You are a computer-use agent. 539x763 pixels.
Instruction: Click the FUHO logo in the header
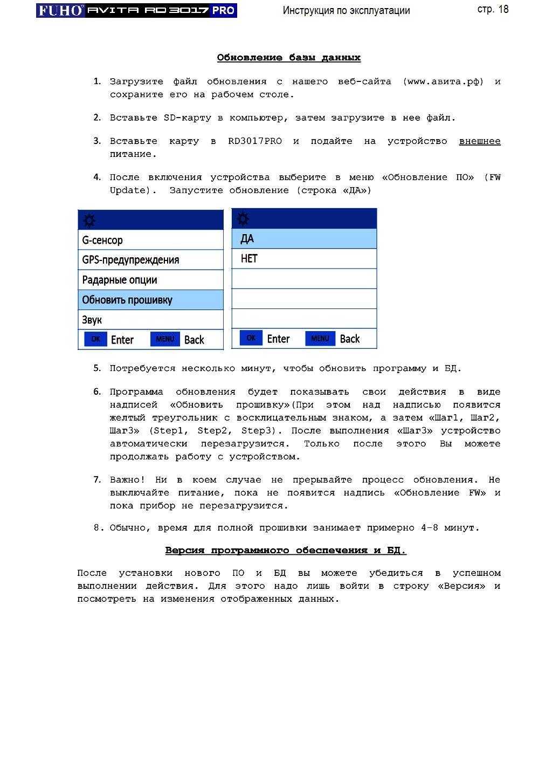pos(60,10)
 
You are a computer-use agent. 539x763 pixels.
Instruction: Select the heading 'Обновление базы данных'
pos(288,58)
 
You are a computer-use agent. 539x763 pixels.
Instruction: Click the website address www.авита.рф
pos(443,81)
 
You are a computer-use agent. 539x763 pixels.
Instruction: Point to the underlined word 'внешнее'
pos(479,141)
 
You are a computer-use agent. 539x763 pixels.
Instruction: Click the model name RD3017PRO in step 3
pos(254,141)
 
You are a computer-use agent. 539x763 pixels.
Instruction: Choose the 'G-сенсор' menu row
pos(150,240)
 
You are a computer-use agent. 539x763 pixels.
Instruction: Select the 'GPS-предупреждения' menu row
pos(150,260)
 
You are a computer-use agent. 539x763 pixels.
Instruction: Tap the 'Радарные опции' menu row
pos(150,280)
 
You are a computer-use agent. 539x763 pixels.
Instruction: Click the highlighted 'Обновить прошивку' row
pos(150,300)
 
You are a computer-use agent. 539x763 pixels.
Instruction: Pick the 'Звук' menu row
pos(150,320)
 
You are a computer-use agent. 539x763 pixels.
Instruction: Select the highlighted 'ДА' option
pos(304,239)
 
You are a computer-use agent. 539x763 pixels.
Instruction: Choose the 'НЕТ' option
pos(304,259)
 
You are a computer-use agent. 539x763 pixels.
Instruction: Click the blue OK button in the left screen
pos(95,339)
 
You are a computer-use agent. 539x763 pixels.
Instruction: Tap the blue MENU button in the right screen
pos(320,338)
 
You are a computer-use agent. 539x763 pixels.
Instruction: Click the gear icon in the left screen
pos(89,220)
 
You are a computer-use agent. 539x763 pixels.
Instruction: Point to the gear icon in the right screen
pos(243,218)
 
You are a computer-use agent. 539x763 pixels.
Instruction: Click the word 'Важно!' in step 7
pos(127,480)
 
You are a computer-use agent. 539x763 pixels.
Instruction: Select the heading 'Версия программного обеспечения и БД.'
pos(285,551)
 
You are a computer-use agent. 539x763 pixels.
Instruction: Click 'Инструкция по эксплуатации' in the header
pos(346,10)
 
